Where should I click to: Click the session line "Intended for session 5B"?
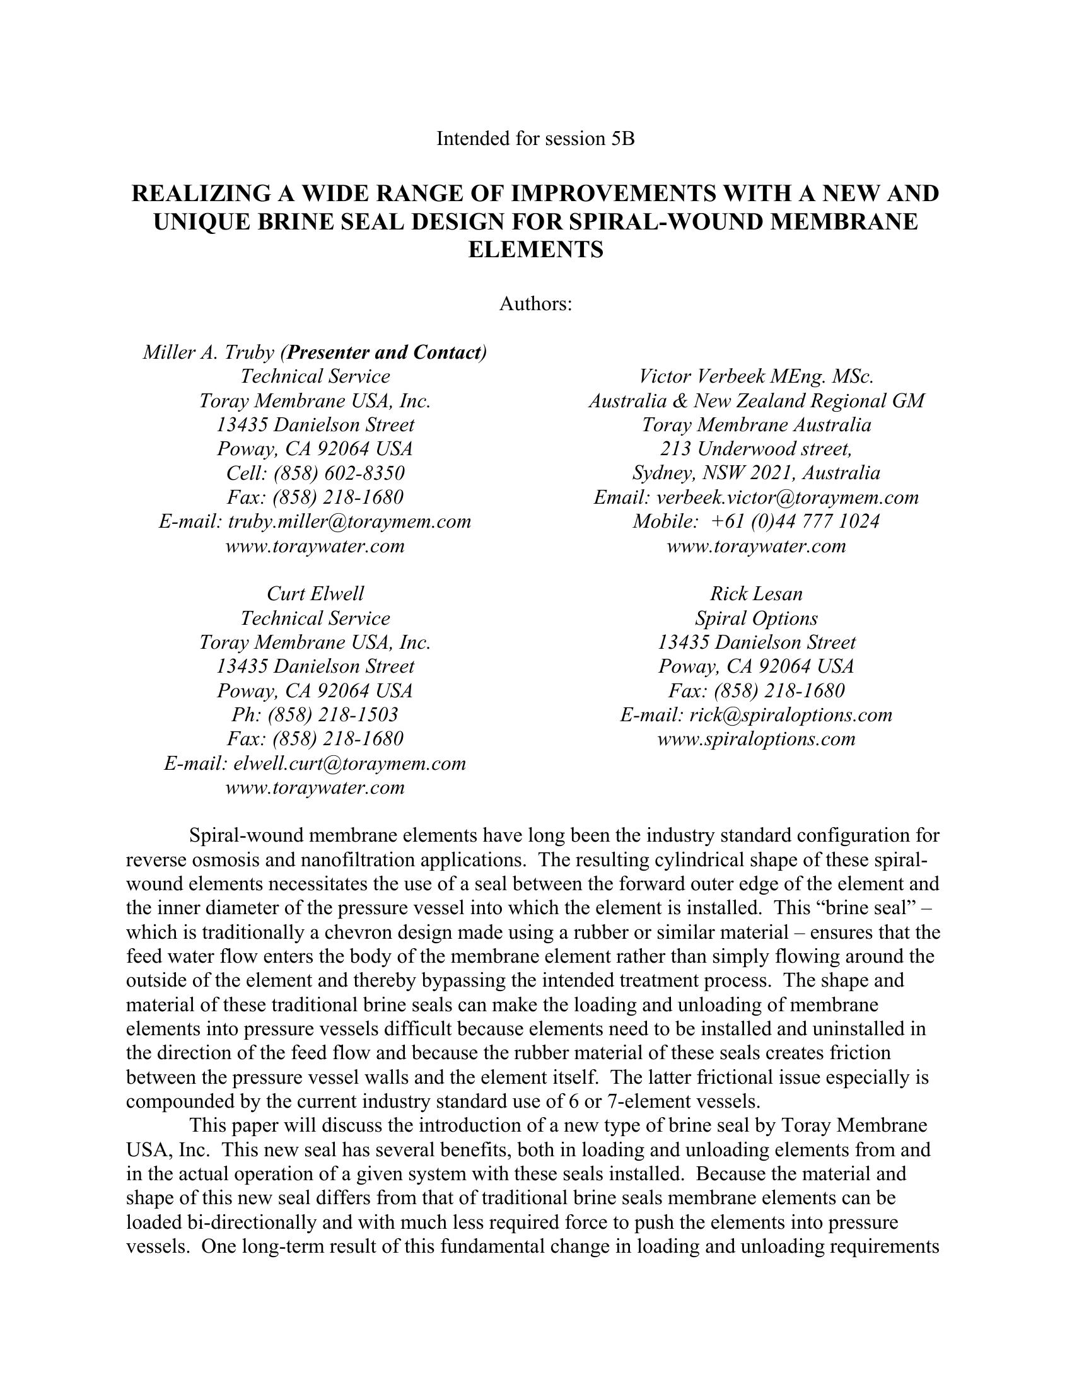tap(535, 139)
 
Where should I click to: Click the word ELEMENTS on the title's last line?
tap(535, 250)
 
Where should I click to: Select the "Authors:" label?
tap(535, 305)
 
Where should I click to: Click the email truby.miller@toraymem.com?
tap(349, 521)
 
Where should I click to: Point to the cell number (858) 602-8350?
tap(339, 473)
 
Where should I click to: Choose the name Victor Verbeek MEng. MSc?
tap(755, 376)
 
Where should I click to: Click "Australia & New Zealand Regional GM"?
tap(755, 401)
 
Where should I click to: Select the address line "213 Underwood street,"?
tap(755, 449)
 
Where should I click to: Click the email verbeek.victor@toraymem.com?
tap(788, 497)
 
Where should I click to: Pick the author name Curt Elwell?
tap(315, 594)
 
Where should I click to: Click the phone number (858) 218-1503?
tap(333, 714)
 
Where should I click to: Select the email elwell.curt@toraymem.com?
tap(349, 763)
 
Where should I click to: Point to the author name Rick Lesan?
tap(755, 594)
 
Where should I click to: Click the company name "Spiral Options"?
tap(755, 618)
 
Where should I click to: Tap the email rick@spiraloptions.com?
tap(790, 714)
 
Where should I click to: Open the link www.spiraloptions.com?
tap(755, 739)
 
